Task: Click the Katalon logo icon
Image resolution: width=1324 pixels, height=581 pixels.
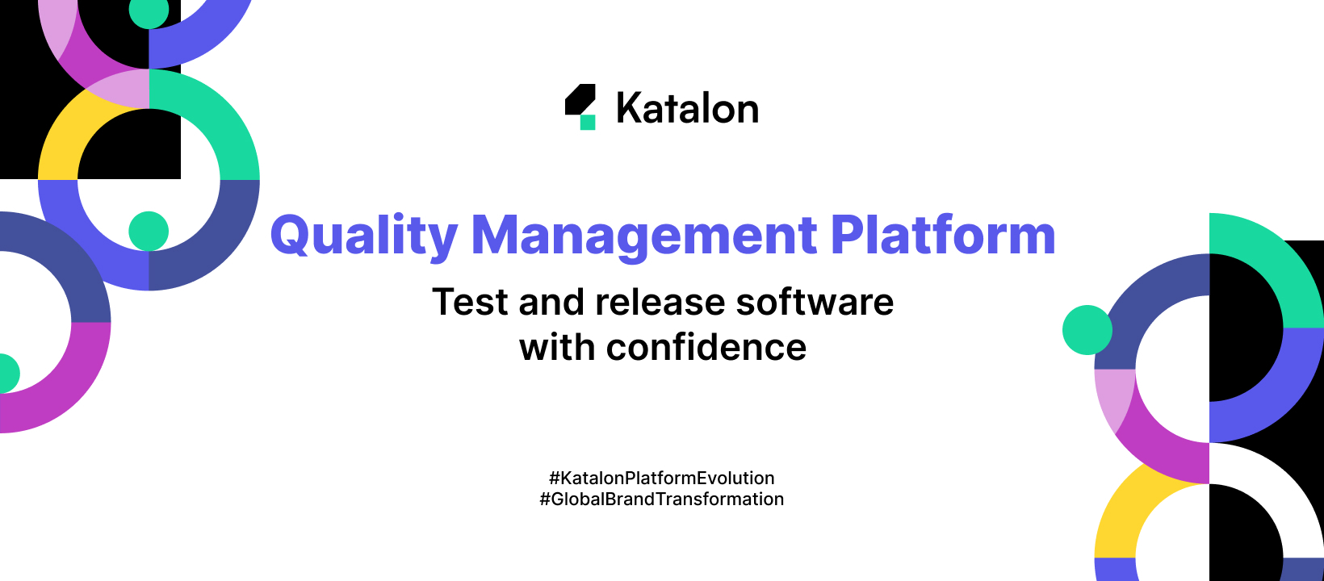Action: (580, 105)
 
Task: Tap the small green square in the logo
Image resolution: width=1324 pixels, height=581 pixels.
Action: (588, 123)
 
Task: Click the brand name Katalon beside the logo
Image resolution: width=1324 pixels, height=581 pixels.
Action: (687, 108)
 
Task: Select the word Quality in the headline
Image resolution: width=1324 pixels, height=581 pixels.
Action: (364, 236)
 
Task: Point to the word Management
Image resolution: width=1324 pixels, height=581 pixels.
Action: (644, 236)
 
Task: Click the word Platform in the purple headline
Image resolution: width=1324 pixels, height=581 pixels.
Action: (942, 236)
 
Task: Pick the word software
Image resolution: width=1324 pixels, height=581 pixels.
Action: (815, 303)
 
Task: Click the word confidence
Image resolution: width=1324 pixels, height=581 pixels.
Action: (706, 348)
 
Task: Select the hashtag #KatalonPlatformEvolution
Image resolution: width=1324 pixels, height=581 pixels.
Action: (661, 478)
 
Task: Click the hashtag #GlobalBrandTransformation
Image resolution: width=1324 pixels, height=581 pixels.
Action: (661, 499)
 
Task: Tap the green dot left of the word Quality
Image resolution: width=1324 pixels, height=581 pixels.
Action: (149, 231)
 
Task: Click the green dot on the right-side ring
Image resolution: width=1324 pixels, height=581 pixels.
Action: (1087, 330)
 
